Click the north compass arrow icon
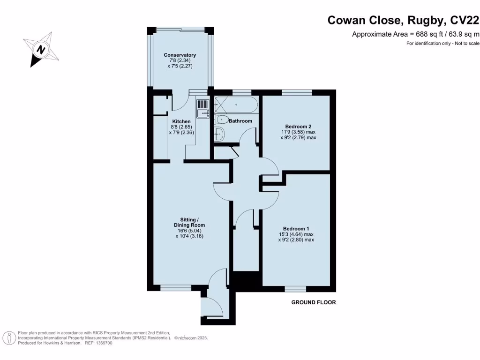tap(42, 49)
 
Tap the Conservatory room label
tap(180, 55)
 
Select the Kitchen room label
tap(181, 122)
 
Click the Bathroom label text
tap(240, 121)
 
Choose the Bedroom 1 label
tap(296, 229)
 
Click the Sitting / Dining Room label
tap(193, 222)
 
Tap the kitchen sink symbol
tap(202, 109)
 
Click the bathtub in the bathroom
tap(236, 104)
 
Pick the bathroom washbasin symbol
tap(219, 135)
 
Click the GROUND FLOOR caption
tap(314, 302)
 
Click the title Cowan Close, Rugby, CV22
tap(403, 20)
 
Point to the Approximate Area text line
tap(415, 34)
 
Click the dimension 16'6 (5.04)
tap(193, 231)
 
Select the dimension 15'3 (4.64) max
tap(296, 234)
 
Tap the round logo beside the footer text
tap(8, 337)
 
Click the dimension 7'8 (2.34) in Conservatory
tap(180, 61)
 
